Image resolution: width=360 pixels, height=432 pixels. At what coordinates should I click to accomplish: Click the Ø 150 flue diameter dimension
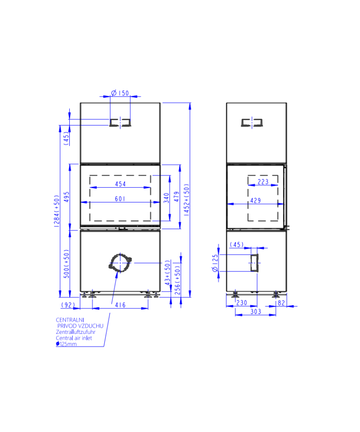click(x=120, y=93)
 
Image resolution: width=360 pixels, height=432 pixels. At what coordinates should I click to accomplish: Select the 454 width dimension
click(x=120, y=184)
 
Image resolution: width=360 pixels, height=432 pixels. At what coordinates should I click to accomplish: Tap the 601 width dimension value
click(x=120, y=198)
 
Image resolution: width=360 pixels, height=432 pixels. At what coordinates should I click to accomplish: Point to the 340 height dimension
click(x=166, y=198)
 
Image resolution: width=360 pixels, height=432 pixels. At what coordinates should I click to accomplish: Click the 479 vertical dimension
click(x=176, y=197)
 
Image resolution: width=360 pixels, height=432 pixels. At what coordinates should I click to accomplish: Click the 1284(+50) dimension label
click(x=56, y=211)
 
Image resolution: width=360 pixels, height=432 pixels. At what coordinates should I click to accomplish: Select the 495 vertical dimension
click(x=67, y=197)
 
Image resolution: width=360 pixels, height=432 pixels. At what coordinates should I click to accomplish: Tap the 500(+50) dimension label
click(x=67, y=264)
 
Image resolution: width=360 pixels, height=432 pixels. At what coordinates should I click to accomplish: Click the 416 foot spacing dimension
click(x=120, y=305)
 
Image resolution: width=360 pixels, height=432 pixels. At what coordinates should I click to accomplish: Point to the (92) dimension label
click(x=68, y=305)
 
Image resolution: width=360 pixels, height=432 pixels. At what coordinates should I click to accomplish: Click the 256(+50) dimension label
click(x=178, y=280)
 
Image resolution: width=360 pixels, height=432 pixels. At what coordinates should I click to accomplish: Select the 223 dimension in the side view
click(x=263, y=182)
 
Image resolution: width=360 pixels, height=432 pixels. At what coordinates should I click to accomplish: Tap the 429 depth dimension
click(x=256, y=201)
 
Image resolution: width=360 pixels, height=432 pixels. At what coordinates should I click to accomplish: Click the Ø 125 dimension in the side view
click(x=215, y=263)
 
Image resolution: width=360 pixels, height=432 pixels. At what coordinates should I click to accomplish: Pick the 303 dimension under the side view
click(x=256, y=311)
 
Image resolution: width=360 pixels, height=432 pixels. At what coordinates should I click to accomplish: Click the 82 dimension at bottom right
click(x=281, y=303)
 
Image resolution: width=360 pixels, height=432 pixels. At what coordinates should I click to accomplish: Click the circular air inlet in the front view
click(x=120, y=262)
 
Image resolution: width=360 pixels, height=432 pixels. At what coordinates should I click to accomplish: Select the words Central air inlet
click(x=74, y=338)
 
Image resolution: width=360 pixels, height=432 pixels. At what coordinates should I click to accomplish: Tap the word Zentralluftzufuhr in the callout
click(x=76, y=332)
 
